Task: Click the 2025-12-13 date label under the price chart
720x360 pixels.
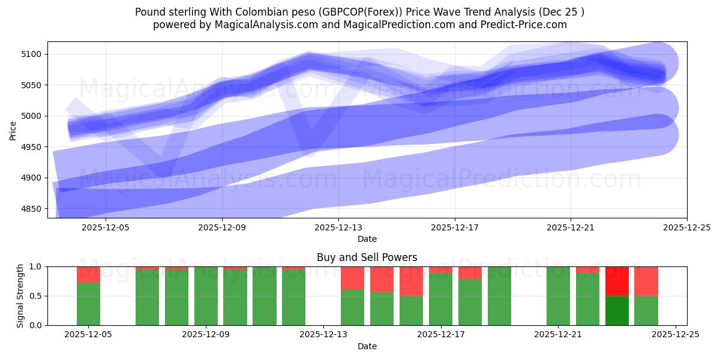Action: point(338,227)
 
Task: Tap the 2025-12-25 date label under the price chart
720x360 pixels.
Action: point(687,227)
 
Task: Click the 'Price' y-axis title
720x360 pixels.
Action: point(13,130)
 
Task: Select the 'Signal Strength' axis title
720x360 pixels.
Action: point(20,296)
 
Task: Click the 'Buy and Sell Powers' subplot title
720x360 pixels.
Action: point(367,257)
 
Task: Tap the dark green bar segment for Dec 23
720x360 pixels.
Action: point(617,310)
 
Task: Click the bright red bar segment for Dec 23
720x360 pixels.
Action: point(617,281)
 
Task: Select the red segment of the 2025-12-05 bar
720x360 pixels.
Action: point(88,274)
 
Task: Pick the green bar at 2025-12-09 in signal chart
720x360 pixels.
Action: point(206,296)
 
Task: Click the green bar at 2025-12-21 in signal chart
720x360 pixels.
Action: point(558,296)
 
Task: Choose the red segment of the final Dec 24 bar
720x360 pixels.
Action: point(646,281)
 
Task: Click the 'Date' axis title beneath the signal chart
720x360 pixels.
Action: point(367,346)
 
